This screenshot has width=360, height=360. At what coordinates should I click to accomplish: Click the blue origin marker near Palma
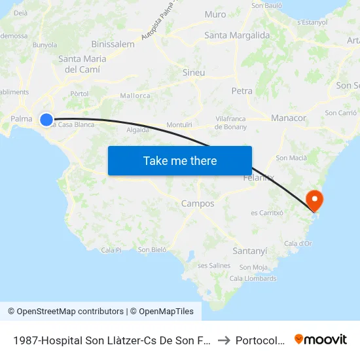click(x=46, y=120)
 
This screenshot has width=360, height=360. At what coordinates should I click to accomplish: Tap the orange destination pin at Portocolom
click(x=314, y=199)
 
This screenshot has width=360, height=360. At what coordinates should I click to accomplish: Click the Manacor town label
click(x=289, y=118)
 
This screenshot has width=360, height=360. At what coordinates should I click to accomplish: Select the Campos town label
click(x=198, y=204)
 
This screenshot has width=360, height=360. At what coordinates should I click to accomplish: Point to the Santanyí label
click(x=250, y=251)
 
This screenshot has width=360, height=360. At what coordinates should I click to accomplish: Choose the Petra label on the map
click(x=242, y=91)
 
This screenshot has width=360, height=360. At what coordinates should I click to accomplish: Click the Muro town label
click(x=215, y=14)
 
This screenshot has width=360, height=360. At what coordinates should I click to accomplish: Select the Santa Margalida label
click(x=237, y=35)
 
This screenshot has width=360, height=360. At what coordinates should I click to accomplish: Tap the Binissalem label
click(x=113, y=45)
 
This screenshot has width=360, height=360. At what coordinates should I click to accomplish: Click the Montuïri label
click(x=179, y=124)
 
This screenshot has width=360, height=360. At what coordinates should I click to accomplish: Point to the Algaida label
click(x=138, y=130)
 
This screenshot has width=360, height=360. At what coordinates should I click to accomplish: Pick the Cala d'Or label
click(x=298, y=243)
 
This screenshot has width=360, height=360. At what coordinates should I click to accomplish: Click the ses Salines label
click(x=214, y=265)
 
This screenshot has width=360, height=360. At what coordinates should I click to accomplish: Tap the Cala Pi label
click(x=111, y=250)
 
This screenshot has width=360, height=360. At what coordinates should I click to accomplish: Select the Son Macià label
click(x=291, y=158)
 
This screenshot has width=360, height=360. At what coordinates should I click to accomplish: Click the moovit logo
click(x=321, y=339)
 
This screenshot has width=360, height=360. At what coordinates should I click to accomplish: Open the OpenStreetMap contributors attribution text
click(x=65, y=312)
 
